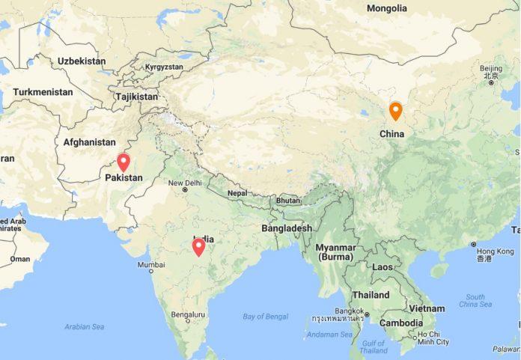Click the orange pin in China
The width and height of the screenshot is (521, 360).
coord(395,112)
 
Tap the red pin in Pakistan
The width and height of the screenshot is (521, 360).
coord(124,162)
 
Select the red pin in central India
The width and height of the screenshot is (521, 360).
coord(198,246)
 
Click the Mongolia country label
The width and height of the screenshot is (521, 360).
coord(387,8)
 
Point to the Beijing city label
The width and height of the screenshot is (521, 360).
coord(491,69)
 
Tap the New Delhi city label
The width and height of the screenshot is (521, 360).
coord(185,183)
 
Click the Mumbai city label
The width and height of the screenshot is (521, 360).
coord(150,265)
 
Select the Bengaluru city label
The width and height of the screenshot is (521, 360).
coord(188,315)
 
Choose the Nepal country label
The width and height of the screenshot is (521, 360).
coord(237,192)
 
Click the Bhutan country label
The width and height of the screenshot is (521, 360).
coord(288,201)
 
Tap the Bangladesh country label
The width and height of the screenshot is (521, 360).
coord(287,228)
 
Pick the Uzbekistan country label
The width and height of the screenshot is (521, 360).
coord(82,60)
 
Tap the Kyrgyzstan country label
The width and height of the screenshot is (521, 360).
coord(164,67)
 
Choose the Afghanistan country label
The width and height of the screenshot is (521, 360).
coord(90,142)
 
